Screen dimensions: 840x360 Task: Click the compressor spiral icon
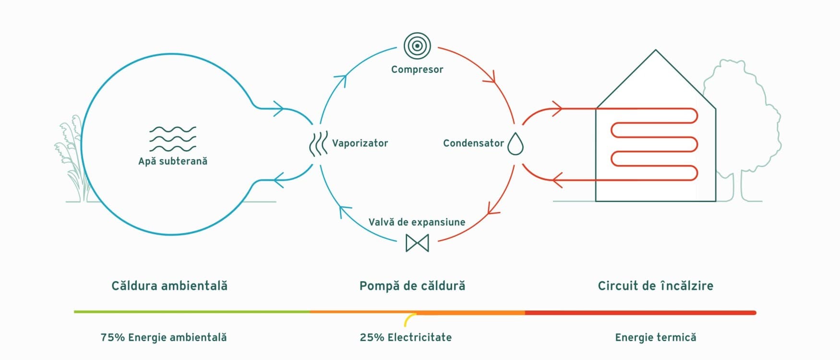[x=417, y=46]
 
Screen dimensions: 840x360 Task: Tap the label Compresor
[x=417, y=70]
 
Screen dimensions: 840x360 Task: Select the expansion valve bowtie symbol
[x=417, y=243]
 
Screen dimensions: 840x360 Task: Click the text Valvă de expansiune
[x=417, y=222]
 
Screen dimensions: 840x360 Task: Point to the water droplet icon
[x=515, y=144]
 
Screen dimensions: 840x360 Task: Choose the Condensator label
[x=473, y=143]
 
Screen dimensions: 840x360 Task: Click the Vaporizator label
[x=360, y=143]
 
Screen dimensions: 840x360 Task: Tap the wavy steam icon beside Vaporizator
[x=318, y=144]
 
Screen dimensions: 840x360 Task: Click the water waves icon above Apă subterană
[x=173, y=139]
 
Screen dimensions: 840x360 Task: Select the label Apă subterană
[x=173, y=161]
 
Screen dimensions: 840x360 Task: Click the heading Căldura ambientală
[x=169, y=286]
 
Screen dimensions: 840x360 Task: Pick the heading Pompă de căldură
[x=412, y=286]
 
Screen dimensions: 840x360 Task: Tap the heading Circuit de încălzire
[x=656, y=286]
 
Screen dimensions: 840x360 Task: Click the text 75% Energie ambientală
[x=164, y=337]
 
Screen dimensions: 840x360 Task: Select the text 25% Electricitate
[x=406, y=337]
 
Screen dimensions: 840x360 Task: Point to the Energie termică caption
[x=656, y=337]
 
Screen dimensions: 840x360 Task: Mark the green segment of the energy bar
[x=192, y=312]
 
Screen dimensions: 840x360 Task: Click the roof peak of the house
[x=656, y=50]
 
